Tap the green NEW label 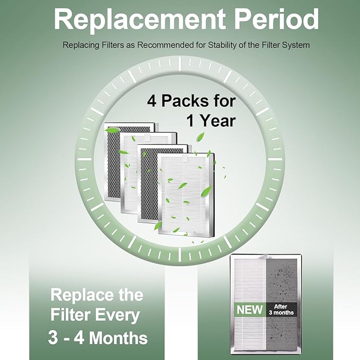pos(249,309)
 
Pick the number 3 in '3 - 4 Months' pos(54,338)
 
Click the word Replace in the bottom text pos(80,294)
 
